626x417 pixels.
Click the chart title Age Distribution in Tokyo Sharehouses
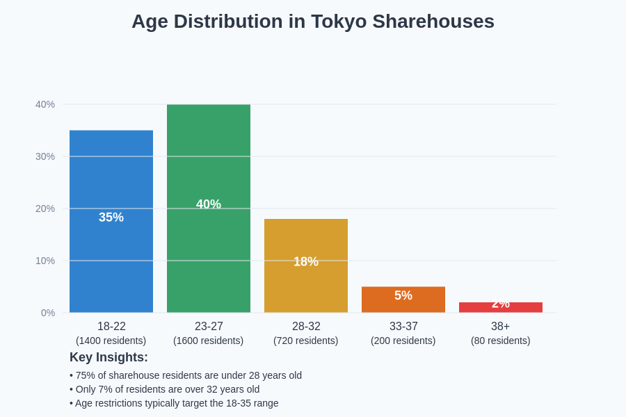313,22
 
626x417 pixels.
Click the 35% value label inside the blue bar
111,218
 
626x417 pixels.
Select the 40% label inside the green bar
209,204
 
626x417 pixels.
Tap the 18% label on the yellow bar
306,262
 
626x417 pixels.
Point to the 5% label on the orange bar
403,295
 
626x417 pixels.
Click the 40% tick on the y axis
45,104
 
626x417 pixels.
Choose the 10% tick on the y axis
45,261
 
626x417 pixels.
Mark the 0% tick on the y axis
47,313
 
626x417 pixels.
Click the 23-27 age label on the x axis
209,326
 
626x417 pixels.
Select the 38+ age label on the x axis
501,326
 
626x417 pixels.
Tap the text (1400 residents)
111,341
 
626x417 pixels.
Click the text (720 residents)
306,341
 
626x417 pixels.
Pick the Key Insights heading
109,357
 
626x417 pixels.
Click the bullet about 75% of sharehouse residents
186,375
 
